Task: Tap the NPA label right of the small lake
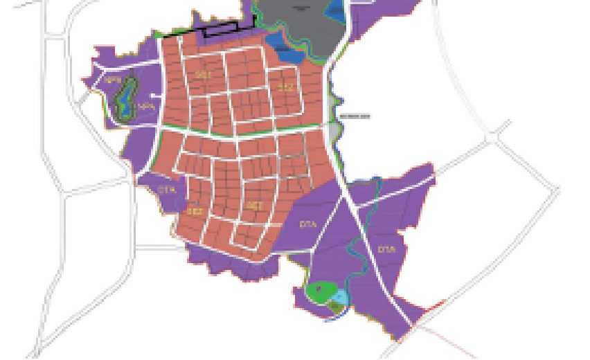pos(144,107)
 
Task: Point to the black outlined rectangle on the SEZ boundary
pos(220,29)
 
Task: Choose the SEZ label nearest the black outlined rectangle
pos(203,73)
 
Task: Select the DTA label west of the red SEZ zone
pos(164,189)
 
